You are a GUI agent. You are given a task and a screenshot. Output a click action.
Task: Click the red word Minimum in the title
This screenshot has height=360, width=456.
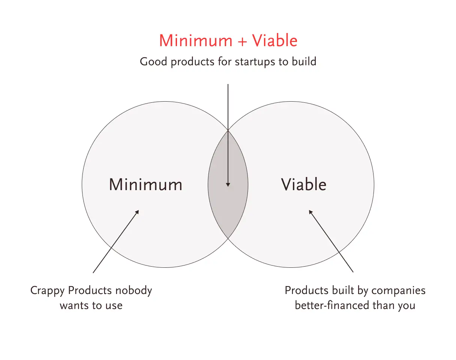(196, 40)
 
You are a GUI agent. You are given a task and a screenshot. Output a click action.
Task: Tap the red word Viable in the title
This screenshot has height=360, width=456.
(274, 40)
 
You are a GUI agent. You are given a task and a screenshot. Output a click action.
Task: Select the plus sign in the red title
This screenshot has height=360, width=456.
(242, 41)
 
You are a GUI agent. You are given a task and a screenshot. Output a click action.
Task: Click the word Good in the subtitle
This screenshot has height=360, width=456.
(153, 61)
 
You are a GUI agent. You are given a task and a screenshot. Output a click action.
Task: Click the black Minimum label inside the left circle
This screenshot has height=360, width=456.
(145, 185)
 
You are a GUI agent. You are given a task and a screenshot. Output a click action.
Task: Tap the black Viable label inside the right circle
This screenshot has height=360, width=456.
(304, 184)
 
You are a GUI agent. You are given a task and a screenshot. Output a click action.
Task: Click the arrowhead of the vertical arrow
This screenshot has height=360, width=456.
(228, 185)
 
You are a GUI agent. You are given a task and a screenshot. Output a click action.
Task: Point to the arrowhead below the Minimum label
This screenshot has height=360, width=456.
(137, 211)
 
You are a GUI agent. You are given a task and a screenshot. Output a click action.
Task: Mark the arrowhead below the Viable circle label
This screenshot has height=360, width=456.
(310, 211)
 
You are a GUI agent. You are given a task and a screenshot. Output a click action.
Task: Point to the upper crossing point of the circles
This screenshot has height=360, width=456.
(228, 130)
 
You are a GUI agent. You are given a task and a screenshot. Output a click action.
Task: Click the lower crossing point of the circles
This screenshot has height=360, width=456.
(228, 238)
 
